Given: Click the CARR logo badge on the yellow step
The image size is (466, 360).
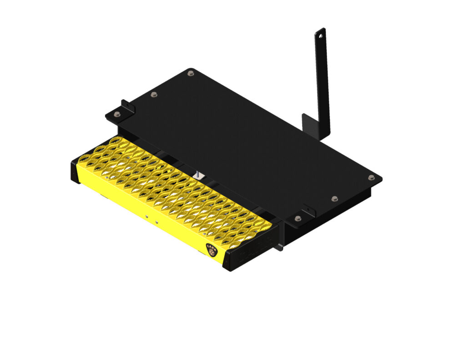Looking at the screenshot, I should pos(212,249).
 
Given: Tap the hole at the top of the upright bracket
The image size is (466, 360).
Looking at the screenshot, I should pos(321,34).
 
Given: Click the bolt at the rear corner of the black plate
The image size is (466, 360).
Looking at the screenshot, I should pos(190,73).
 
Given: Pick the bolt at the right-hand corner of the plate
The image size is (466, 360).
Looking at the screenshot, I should pos(371,177).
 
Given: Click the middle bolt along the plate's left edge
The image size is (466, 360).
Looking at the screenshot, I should pos(154,94).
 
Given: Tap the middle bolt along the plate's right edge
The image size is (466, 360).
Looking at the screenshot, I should pos(334,199).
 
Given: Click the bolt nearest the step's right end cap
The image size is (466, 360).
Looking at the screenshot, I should pos(297,219).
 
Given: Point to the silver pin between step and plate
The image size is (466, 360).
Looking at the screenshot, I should pos(199,174).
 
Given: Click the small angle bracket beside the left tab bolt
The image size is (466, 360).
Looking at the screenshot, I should pos(127,107).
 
